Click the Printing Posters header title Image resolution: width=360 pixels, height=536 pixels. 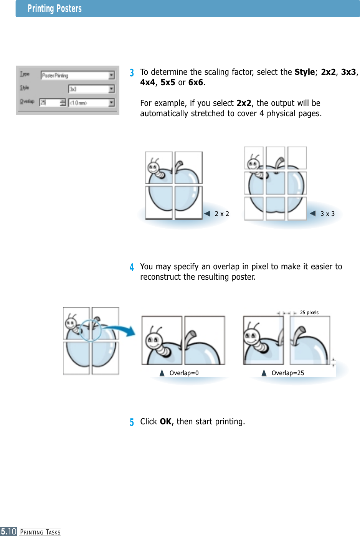(54, 8)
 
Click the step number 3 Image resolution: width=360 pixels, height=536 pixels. (132, 73)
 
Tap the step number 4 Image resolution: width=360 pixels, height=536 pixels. (132, 267)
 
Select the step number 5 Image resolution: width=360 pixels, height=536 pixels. (132, 422)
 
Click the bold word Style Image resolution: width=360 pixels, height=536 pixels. (305, 72)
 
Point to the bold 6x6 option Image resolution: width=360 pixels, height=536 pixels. (195, 82)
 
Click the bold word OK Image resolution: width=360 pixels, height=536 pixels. (165, 422)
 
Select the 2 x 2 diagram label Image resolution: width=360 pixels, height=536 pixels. (222, 214)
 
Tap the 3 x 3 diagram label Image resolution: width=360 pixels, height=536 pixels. (327, 214)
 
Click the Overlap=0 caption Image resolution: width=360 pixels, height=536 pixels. (184, 373)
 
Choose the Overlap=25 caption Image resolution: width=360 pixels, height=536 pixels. (287, 373)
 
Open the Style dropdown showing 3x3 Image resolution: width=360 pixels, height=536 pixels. (91, 89)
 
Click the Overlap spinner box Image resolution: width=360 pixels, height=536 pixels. (52, 102)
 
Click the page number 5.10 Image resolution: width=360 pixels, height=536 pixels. (8, 531)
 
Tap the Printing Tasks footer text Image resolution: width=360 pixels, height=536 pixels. (40, 532)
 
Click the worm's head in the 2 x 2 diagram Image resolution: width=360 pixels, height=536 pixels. (154, 168)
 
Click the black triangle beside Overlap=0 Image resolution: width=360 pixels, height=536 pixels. (162, 373)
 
